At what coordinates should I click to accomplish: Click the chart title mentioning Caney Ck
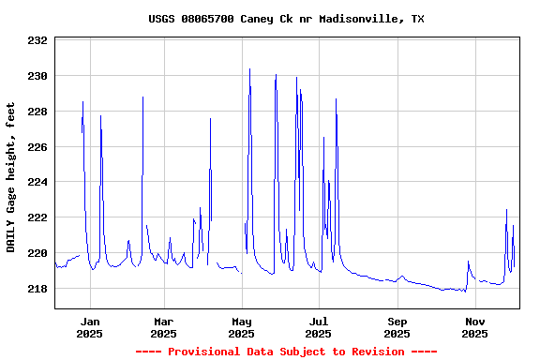click(x=286, y=19)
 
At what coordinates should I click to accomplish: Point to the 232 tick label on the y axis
click(x=37, y=41)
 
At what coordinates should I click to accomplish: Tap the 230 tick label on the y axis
click(x=37, y=76)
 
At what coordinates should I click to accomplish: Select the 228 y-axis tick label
click(x=37, y=112)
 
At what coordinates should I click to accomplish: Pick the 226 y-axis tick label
click(x=37, y=147)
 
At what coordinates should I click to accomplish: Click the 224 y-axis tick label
click(x=37, y=182)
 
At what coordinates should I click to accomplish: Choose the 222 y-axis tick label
click(x=37, y=217)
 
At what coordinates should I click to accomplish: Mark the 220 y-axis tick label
click(x=37, y=253)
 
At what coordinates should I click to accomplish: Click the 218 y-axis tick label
click(x=37, y=289)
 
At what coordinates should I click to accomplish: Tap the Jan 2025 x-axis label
click(x=90, y=327)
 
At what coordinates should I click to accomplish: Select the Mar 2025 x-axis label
click(x=163, y=327)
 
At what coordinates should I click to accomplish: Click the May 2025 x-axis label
click(x=242, y=327)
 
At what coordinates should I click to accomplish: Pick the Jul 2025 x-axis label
click(x=320, y=327)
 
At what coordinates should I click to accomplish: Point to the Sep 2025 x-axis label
click(x=397, y=327)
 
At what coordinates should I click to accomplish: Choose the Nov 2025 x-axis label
click(x=475, y=327)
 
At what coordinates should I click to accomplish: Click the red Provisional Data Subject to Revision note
click(x=286, y=352)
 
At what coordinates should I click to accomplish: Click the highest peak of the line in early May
click(x=249, y=68)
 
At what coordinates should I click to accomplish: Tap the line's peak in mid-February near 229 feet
click(x=142, y=97)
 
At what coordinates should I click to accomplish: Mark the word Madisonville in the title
click(x=358, y=19)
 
